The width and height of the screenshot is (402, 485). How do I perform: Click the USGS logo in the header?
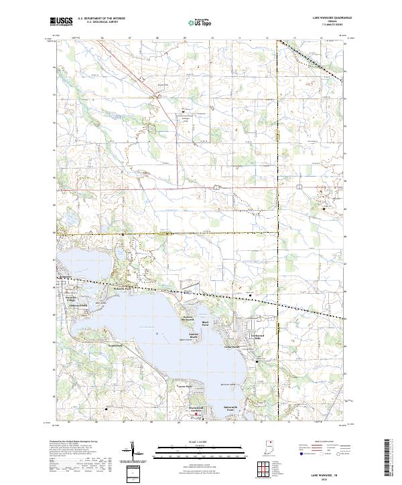61,21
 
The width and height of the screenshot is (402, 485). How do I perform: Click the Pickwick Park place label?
125,288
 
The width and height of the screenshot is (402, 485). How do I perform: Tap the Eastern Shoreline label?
193,319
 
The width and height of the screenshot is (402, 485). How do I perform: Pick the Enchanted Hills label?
259,337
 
